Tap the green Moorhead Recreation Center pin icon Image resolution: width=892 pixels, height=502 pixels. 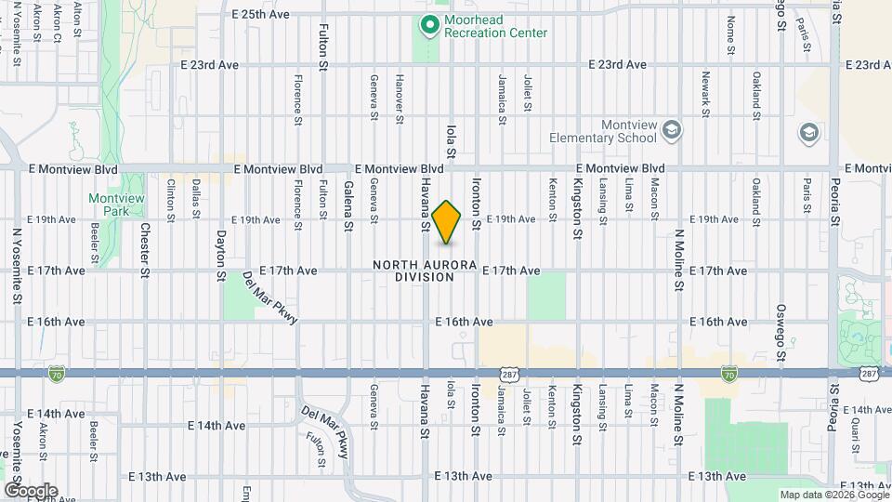tap(429, 25)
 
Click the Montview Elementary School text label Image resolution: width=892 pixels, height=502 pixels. tap(603, 132)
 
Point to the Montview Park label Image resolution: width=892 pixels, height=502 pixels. tap(111, 205)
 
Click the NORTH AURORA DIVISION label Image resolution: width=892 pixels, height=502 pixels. tap(425, 271)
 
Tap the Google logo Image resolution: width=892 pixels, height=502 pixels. tap(30, 491)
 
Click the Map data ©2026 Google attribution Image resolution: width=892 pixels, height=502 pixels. tap(833, 495)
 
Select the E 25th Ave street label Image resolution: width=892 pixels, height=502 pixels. tap(260, 14)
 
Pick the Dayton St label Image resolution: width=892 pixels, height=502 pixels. tap(221, 256)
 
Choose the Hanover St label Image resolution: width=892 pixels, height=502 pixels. tap(400, 97)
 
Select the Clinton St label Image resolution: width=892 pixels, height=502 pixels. tap(171, 200)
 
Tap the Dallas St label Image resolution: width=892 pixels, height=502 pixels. tap(196, 200)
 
